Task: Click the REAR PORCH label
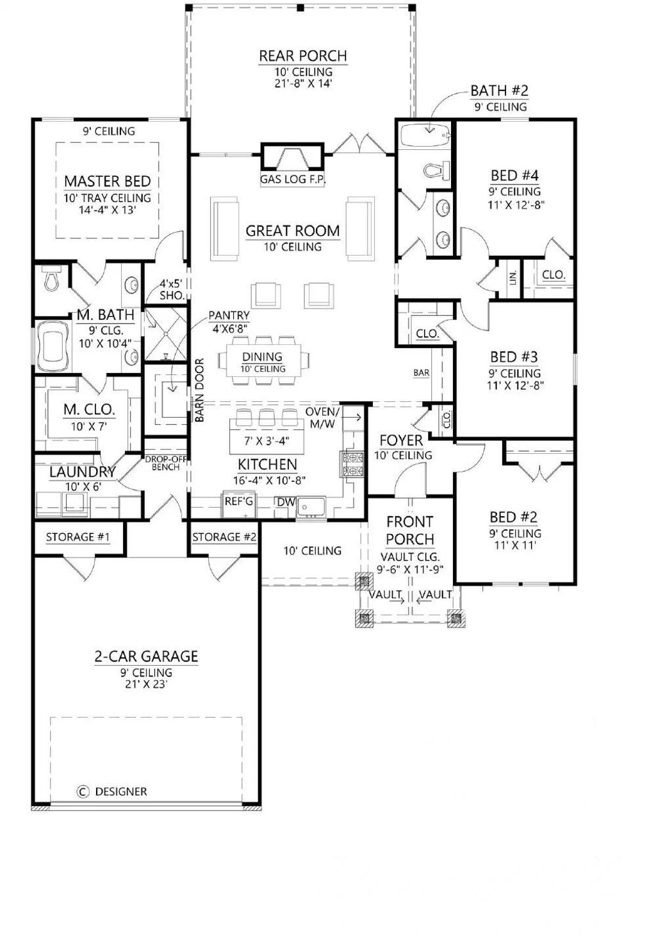point(302,56)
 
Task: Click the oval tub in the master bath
point(53,346)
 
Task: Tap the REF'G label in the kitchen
point(238,502)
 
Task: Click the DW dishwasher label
point(286,502)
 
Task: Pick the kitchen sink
point(311,506)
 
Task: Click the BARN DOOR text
point(199,390)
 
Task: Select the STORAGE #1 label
point(78,537)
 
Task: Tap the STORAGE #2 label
point(224,537)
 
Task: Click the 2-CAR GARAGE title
point(146,656)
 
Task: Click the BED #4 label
point(514,175)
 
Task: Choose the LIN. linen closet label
point(513,277)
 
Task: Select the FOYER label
point(401,440)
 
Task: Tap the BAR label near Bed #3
point(422,372)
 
